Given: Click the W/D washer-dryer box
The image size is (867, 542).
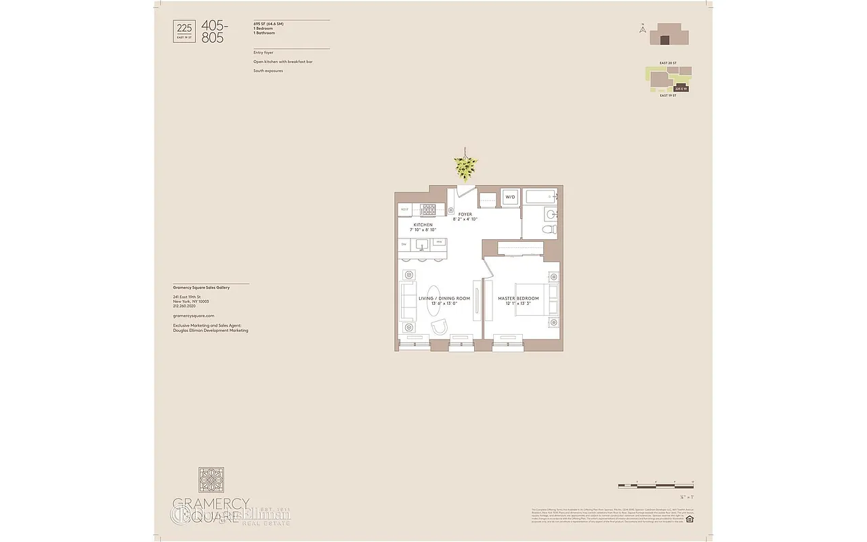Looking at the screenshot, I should click(x=510, y=197).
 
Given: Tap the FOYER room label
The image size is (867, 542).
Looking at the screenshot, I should click(x=465, y=214).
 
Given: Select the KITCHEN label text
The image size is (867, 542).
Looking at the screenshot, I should click(x=423, y=225).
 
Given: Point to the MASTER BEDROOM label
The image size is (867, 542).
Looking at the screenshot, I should click(x=518, y=299).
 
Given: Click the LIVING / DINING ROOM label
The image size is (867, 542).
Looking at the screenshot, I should click(x=444, y=299).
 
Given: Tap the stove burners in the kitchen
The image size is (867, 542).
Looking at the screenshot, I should click(x=428, y=209).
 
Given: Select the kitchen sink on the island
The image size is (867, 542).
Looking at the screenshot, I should click(x=421, y=244).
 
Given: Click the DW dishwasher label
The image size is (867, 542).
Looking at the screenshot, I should click(x=404, y=244).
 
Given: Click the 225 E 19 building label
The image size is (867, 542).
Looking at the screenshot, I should click(x=680, y=89).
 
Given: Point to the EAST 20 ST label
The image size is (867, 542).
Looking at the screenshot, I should click(x=668, y=62).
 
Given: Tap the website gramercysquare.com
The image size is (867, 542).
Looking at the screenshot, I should click(x=193, y=316).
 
